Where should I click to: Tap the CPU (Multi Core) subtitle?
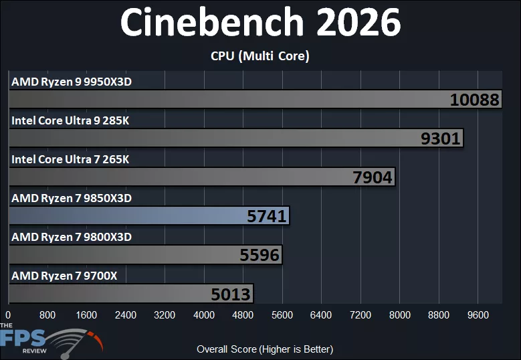point(260,56)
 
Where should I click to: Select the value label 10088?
point(475,100)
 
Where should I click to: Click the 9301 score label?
point(441,139)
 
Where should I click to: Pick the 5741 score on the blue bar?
point(267,216)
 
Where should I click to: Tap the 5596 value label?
point(259,255)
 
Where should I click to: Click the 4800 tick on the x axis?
point(243,315)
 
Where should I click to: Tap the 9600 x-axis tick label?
point(478,315)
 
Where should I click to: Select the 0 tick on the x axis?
point(8,315)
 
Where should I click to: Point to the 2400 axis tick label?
point(126,315)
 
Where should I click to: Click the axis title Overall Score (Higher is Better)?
point(265,349)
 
